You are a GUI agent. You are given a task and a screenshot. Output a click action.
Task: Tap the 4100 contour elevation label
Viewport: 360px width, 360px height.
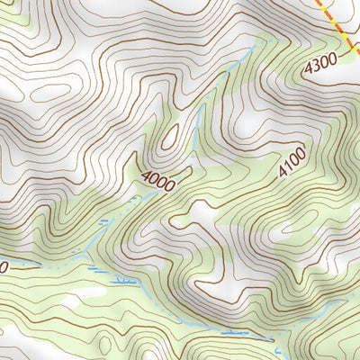click(x=292, y=163)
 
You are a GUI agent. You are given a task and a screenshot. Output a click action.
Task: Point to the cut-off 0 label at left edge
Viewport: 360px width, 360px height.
click(x=3, y=267)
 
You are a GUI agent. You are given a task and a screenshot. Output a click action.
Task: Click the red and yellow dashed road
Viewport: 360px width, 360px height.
click(x=340, y=28)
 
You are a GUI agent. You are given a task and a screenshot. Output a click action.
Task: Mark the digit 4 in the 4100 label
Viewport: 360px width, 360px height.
click(x=283, y=172)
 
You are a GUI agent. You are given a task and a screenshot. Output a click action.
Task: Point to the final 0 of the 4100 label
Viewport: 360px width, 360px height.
click(x=302, y=154)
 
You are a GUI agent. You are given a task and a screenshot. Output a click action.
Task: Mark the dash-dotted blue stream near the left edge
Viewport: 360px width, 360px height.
click(x=45, y=267)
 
